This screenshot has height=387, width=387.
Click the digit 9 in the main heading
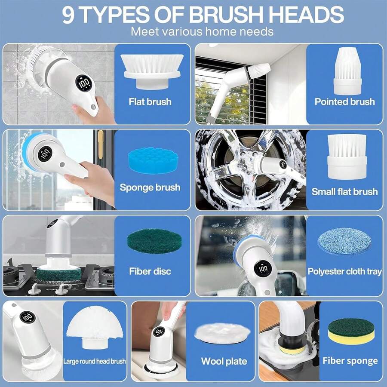coord(70,15)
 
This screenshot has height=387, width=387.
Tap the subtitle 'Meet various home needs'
coord(202,31)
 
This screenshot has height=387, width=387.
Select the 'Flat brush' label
coord(150,102)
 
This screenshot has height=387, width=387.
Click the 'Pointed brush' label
coord(344,102)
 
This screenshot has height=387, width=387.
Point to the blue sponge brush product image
coord(154,160)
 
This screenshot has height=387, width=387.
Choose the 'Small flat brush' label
coord(344,192)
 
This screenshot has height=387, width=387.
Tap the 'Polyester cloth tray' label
coord(344,271)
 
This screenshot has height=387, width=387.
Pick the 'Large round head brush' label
coord(95,361)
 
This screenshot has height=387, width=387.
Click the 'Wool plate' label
coord(224,361)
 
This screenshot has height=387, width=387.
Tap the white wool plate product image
coord(222,332)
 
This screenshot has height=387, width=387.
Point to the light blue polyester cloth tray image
coord(344,241)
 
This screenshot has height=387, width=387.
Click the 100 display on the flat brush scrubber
coord(84,83)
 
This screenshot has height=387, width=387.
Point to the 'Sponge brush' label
coord(150,187)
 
